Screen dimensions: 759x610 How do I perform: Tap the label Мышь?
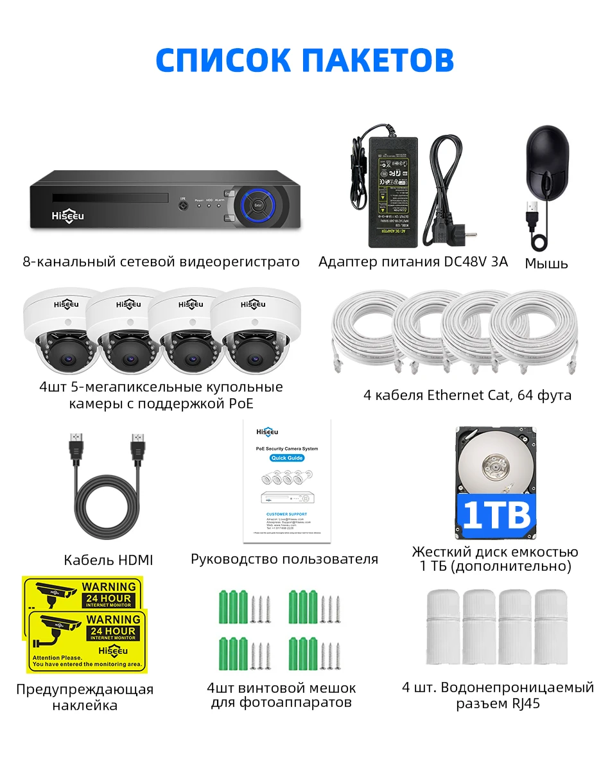pos(546,263)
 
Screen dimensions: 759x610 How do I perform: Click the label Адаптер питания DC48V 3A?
pos(413,261)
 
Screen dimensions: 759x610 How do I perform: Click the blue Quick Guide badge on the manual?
pos(286,458)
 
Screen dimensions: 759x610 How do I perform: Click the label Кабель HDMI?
pos(109,560)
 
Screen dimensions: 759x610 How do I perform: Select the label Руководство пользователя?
pos(284,559)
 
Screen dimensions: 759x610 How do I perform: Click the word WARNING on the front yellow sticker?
pos(113,620)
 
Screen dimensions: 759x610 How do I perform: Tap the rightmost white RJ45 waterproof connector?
pos(551,626)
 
